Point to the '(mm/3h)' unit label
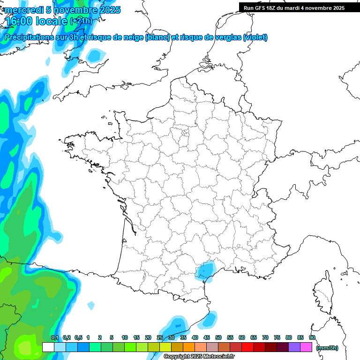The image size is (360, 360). [x=327, y=348]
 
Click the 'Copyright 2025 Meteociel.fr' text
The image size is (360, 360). [x=199, y=357]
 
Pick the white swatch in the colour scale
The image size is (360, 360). [x=48, y=347]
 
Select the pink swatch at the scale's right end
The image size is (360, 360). [x=306, y=347]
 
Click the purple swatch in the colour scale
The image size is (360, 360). [x=294, y=347]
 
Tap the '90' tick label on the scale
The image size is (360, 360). [x=312, y=337]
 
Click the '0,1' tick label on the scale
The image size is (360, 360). [x=54, y=337]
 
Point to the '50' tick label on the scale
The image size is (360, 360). [x=218, y=337]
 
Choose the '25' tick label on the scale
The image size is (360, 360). [x=160, y=337]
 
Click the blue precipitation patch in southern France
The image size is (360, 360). [x=205, y=270]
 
